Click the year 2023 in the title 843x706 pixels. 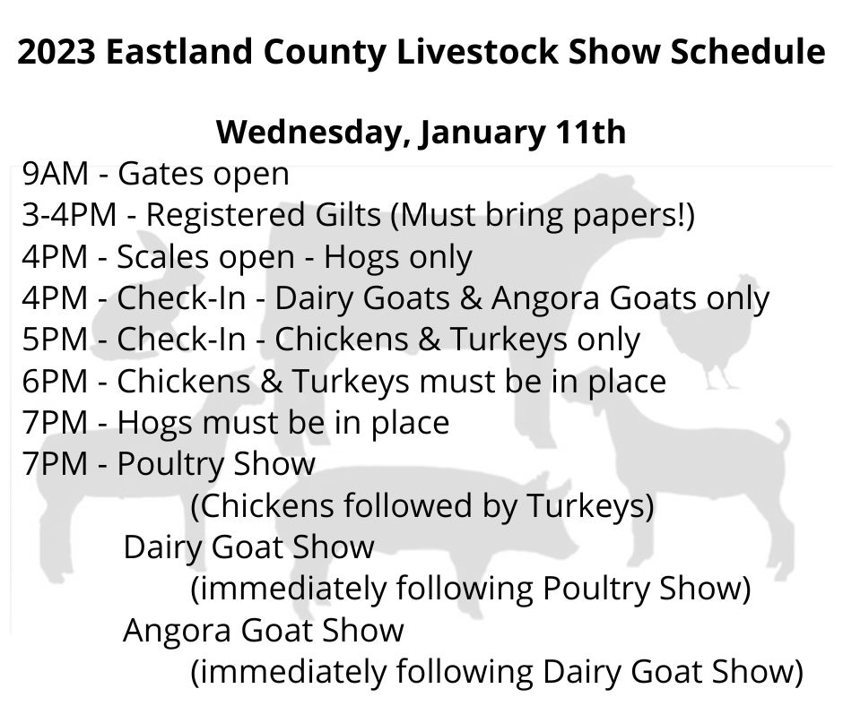click(56, 52)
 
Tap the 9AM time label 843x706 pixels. click(55, 174)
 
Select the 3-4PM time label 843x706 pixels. click(69, 215)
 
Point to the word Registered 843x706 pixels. click(226, 215)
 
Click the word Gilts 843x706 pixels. click(348, 215)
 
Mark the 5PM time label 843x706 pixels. click(55, 340)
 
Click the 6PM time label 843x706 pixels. click(55, 382)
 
